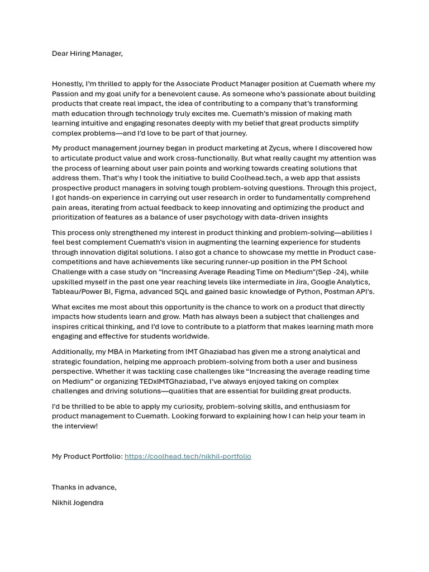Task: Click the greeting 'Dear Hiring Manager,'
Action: [x=87, y=54]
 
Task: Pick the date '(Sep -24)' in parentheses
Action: [x=332, y=272]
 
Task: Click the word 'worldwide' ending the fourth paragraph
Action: [x=191, y=336]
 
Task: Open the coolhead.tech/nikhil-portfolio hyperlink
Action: [x=188, y=456]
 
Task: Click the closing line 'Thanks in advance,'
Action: [x=84, y=487]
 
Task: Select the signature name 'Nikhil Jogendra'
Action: [x=78, y=503]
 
